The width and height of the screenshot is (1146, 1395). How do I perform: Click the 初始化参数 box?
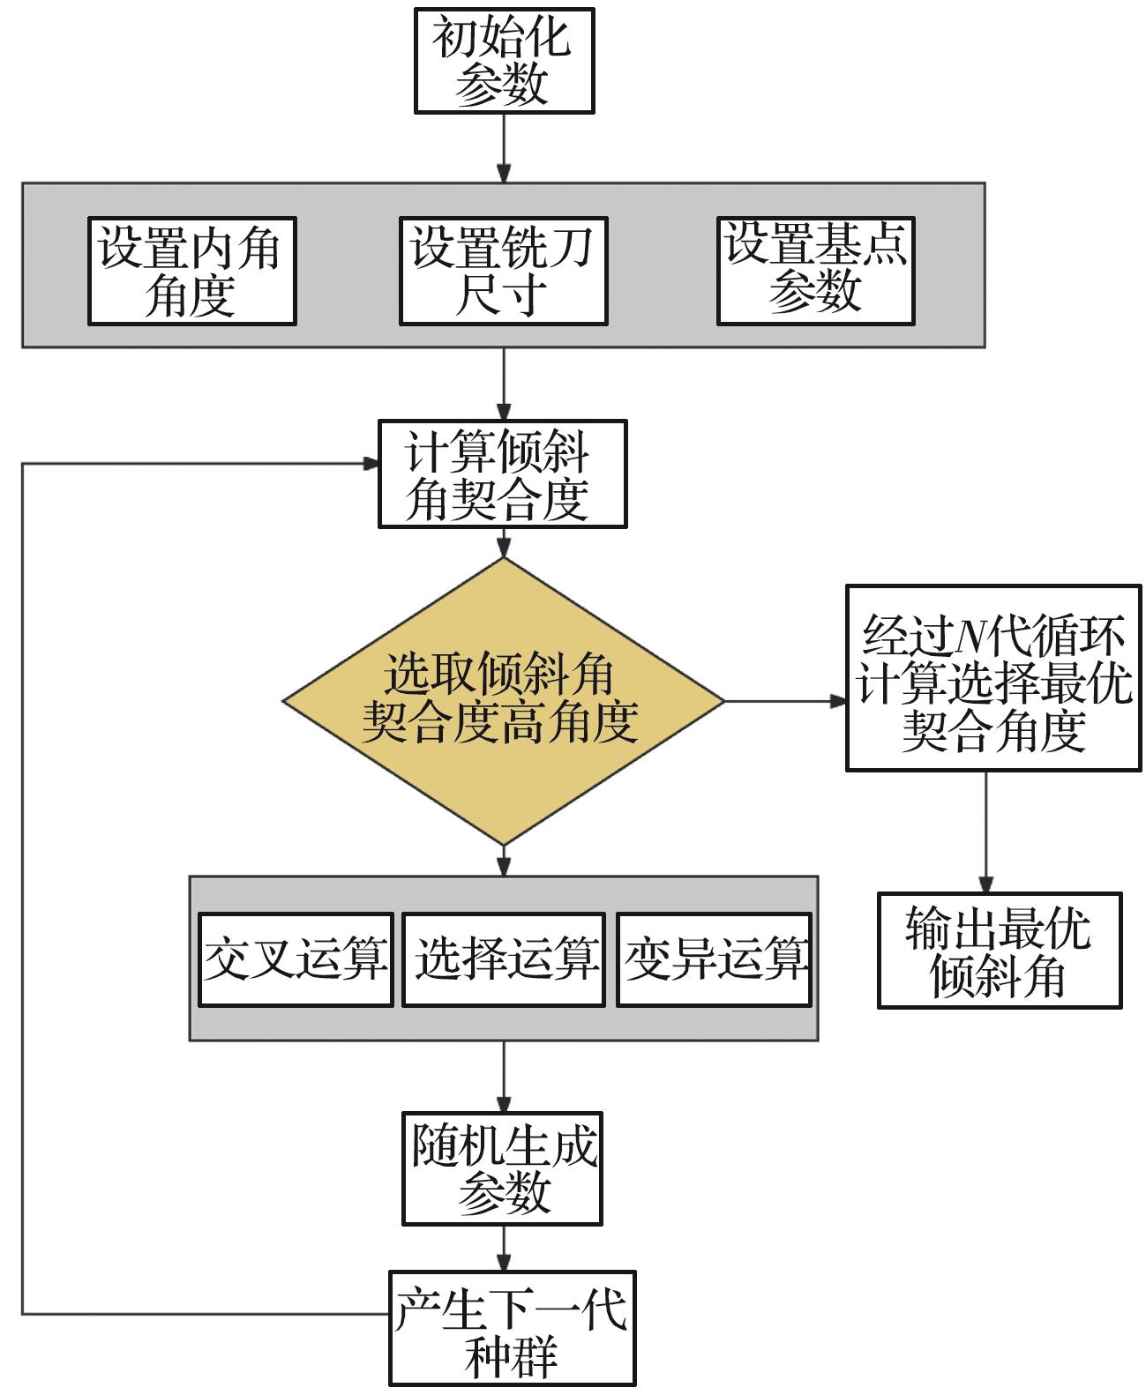click(x=504, y=60)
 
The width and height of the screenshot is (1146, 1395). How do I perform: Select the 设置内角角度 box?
click(x=191, y=271)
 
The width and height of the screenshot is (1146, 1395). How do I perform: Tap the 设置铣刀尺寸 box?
click(x=503, y=271)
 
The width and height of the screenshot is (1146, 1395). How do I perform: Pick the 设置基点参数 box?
click(x=815, y=271)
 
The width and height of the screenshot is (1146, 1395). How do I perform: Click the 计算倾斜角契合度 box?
click(x=502, y=474)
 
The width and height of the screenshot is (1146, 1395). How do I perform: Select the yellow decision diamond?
click(x=503, y=702)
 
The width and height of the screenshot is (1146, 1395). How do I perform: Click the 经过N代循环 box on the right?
click(x=992, y=677)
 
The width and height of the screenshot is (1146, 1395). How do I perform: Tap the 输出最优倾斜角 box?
click(x=999, y=951)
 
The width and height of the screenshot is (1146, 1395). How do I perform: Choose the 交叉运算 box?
click(x=296, y=959)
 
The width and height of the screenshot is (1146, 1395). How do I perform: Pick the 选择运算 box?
click(x=504, y=959)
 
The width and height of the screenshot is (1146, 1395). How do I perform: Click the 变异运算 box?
click(x=714, y=959)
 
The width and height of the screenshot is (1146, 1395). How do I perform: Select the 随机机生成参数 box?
click(x=502, y=1169)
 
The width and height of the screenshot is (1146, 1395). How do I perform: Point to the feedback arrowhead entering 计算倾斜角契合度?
click(x=371, y=463)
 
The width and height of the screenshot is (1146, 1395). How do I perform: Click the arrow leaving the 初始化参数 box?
click(x=504, y=147)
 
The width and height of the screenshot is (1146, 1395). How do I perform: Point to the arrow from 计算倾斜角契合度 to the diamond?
click(x=503, y=543)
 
